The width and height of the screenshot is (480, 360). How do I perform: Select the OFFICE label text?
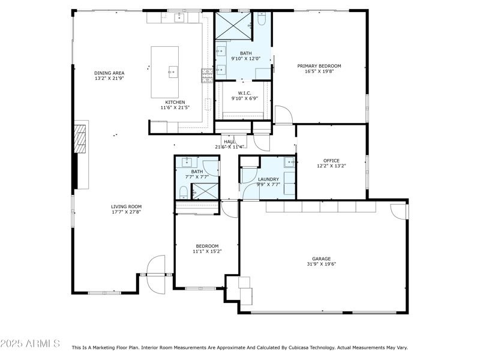tap(331, 161)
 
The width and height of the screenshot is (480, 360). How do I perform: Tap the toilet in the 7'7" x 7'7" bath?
tap(184, 192)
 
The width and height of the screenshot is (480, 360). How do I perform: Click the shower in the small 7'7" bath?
tap(205, 191)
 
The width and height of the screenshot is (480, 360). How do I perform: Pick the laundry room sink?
tap(289, 161)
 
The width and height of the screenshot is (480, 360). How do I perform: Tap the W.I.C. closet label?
tap(244, 93)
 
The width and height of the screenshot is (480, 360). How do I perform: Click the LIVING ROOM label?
tap(126, 206)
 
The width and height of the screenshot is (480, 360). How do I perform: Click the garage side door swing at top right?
tap(398, 211)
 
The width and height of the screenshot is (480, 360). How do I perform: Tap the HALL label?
tap(229, 142)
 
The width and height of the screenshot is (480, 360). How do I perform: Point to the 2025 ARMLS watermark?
tap(30, 344)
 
